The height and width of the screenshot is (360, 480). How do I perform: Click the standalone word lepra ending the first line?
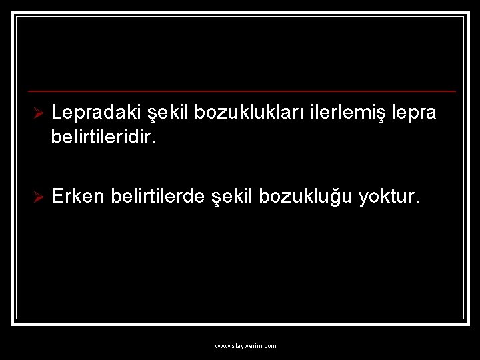[415, 113]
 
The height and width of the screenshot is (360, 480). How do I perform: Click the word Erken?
[78, 196]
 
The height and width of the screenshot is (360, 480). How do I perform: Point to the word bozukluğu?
[307, 196]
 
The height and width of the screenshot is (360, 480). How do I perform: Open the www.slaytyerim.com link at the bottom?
[245, 346]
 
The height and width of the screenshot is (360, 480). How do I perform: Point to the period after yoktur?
[419, 202]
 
